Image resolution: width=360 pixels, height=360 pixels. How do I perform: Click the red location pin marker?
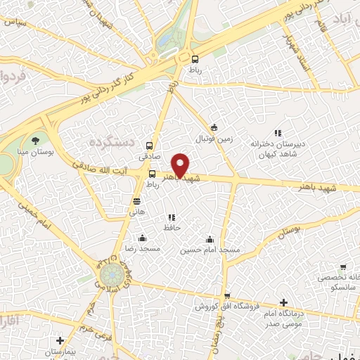click(181, 165)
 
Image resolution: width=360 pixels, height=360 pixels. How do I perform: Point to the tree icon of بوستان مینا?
click(36, 141)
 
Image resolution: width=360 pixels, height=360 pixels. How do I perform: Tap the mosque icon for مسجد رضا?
click(143, 238)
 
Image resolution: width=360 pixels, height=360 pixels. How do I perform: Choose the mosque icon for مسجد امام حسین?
click(209, 238)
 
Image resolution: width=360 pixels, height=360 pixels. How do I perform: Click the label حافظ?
click(172, 228)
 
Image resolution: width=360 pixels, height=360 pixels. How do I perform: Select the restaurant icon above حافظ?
click(172, 217)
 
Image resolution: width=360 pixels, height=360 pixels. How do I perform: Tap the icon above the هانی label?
click(136, 200)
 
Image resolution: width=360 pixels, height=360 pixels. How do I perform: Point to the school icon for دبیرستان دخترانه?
click(278, 132)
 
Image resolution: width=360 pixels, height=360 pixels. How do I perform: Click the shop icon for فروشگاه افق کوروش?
click(226, 296)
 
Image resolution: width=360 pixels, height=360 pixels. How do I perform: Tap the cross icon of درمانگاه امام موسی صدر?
click(283, 302)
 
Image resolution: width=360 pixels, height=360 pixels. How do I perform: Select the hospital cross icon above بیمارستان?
click(60, 340)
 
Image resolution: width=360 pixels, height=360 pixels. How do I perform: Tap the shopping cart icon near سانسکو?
click(342, 267)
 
